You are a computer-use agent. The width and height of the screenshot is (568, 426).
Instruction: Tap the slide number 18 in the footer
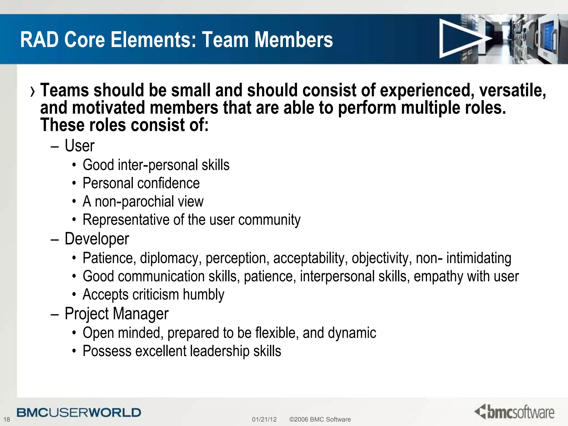pyautogui.click(x=7, y=419)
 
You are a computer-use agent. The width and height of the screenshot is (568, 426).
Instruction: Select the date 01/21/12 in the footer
pyautogui.click(x=264, y=419)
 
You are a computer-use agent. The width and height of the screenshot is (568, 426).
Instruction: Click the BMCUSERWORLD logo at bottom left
pyautogui.click(x=79, y=413)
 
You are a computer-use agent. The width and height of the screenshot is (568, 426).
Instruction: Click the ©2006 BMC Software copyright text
pyautogui.click(x=320, y=419)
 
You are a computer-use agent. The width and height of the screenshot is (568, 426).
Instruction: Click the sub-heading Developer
pyautogui.click(x=97, y=239)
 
